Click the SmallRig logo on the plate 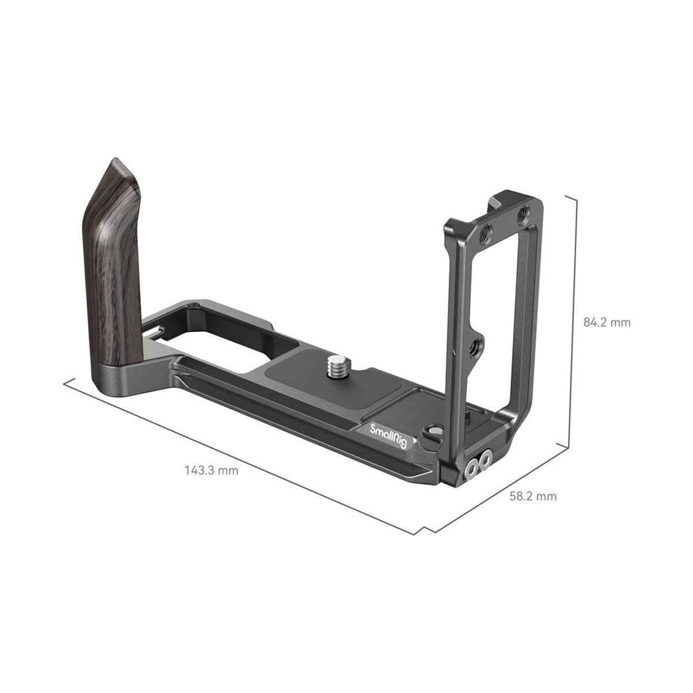(x=389, y=436)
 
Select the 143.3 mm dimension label (x=211, y=471)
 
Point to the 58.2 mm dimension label (x=533, y=497)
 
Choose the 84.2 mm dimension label (x=607, y=322)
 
